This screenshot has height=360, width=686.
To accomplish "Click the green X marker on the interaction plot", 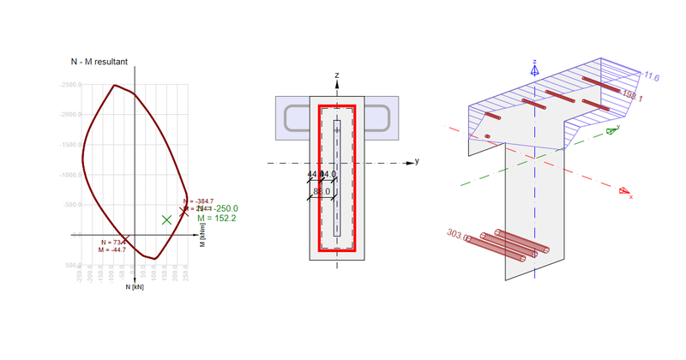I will [166, 219].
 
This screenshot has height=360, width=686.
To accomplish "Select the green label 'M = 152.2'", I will [217, 219].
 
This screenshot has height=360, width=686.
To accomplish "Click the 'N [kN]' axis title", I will [135, 287].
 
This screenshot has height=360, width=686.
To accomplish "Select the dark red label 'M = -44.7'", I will [111, 250].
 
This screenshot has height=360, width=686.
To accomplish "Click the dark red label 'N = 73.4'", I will [111, 243].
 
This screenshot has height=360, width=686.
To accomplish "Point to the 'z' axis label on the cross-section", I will [338, 75].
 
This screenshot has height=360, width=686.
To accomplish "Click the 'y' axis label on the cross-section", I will [417, 160].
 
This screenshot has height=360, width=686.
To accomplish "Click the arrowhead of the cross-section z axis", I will [338, 85].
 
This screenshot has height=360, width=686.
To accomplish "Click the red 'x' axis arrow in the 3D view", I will [626, 192].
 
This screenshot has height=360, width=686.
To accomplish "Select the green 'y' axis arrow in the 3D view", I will [612, 131].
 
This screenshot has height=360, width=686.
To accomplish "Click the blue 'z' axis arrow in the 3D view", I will [534, 69].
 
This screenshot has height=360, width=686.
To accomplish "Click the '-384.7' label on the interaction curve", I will [199, 201].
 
